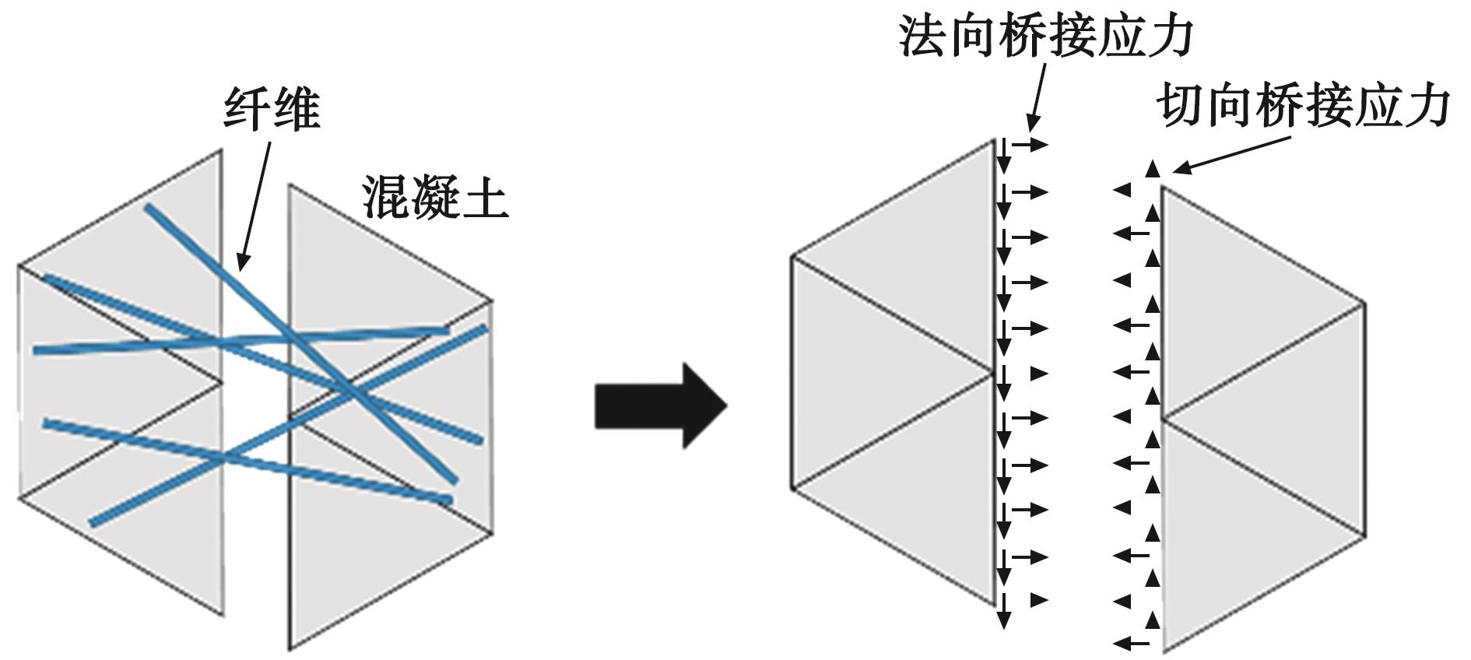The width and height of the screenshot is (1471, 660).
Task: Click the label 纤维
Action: [x=272, y=110]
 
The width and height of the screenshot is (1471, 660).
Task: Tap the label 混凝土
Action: [x=434, y=198]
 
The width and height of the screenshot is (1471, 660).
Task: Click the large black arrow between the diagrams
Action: [x=660, y=405]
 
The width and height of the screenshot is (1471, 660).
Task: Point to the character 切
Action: [x=1180, y=107]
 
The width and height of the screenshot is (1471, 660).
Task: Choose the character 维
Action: [x=297, y=110]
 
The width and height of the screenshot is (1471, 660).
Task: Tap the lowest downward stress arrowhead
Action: [x=1004, y=620]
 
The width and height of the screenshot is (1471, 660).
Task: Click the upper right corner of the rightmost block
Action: [x=1364, y=302]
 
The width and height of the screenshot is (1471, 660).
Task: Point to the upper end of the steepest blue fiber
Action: [x=148, y=208]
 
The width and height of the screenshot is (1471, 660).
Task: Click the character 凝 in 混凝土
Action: [x=434, y=198]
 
